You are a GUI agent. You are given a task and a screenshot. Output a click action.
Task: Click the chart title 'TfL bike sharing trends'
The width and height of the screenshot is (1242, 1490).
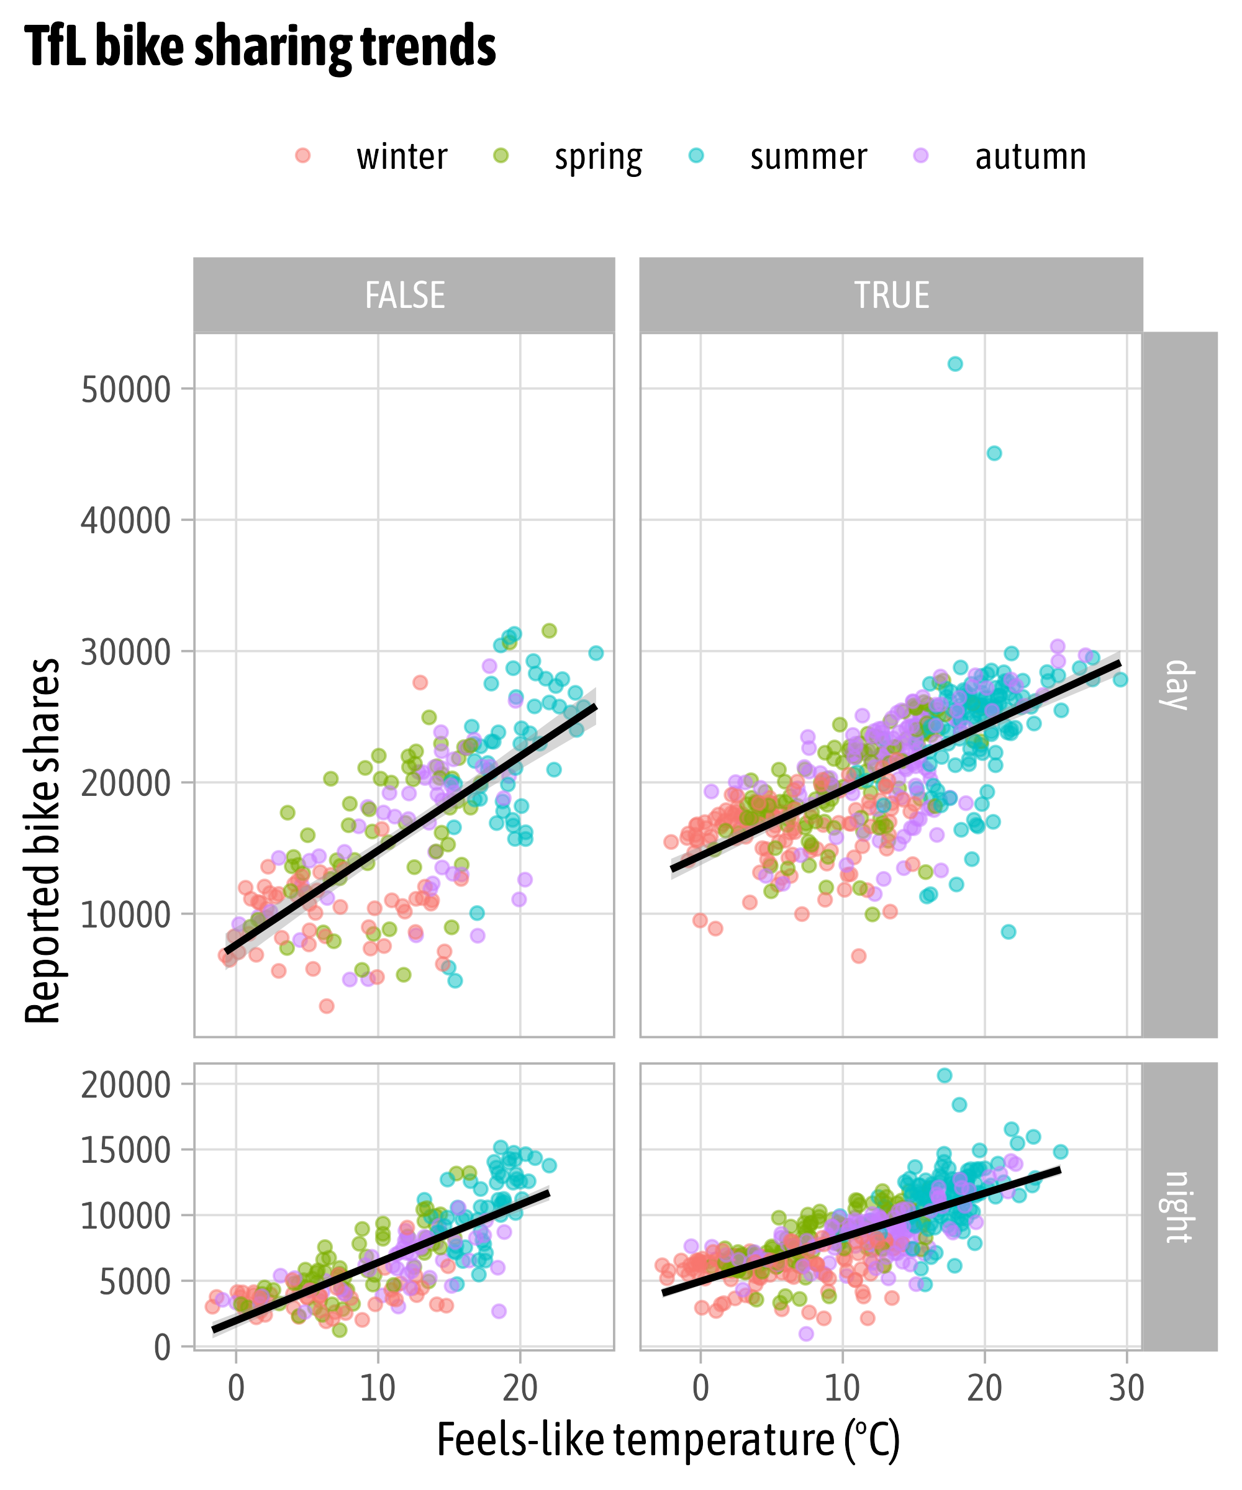tap(260, 47)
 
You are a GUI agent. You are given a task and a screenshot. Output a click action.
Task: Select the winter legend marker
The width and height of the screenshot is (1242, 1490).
tap(303, 155)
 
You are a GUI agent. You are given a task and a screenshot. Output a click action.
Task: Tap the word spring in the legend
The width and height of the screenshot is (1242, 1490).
tap(598, 157)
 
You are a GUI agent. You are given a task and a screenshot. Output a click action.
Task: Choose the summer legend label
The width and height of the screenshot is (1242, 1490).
tap(809, 157)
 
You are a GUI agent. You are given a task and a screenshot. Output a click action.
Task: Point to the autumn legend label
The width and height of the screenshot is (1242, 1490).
tap(1030, 157)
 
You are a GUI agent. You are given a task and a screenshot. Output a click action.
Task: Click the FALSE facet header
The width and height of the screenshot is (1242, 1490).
tap(404, 295)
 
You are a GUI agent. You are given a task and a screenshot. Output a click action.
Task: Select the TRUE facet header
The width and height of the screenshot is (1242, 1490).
tap(891, 295)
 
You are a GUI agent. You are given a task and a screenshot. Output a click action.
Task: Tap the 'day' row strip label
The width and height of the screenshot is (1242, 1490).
tap(1177, 685)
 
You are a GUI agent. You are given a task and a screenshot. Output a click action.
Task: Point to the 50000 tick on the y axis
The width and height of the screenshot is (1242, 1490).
tap(125, 389)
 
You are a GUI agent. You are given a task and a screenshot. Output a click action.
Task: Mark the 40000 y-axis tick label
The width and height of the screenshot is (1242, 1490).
tap(125, 521)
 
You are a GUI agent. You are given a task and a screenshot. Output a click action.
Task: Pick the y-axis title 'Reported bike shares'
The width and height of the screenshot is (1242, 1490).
tap(43, 841)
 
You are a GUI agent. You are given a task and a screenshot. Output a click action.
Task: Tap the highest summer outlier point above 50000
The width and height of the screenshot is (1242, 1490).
tap(955, 364)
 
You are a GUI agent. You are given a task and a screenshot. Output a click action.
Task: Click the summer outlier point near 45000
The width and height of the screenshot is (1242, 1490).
tap(994, 453)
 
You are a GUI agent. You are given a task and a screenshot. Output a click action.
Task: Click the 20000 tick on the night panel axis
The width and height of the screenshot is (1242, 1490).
tap(125, 1085)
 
